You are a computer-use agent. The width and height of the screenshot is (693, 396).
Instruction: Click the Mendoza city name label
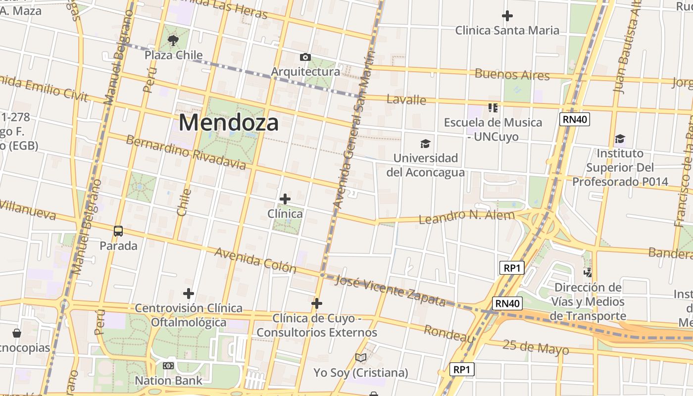click(229, 122)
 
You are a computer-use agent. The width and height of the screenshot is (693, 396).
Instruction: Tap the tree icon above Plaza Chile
click(173, 41)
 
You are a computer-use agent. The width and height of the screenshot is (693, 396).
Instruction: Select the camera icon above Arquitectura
click(305, 57)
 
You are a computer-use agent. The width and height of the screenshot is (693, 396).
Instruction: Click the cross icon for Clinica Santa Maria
click(507, 16)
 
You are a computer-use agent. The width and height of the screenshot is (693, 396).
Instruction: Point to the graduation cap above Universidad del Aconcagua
click(425, 144)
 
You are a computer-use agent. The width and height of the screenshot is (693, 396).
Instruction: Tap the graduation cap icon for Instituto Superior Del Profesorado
click(620, 139)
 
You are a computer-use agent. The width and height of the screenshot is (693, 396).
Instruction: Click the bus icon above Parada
click(118, 231)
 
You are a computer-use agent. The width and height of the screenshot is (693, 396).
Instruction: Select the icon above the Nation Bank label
click(168, 366)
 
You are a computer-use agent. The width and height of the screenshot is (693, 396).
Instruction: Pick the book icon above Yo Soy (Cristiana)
click(361, 358)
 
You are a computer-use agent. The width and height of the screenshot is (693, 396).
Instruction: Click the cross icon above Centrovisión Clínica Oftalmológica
click(189, 294)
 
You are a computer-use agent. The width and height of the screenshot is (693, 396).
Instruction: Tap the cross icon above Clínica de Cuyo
click(317, 303)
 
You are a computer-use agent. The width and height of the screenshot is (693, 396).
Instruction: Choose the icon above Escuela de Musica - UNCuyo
click(493, 107)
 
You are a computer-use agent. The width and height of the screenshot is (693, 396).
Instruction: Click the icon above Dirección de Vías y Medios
click(588, 272)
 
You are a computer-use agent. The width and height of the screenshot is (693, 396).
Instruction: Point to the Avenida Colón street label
click(255, 260)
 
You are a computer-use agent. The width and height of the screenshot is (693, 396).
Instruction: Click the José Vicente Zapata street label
click(390, 291)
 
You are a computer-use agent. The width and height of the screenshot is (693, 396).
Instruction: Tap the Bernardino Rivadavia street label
click(185, 152)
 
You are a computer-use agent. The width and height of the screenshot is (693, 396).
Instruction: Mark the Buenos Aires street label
click(512, 75)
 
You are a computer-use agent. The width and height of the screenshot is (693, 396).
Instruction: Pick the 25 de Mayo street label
click(535, 347)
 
